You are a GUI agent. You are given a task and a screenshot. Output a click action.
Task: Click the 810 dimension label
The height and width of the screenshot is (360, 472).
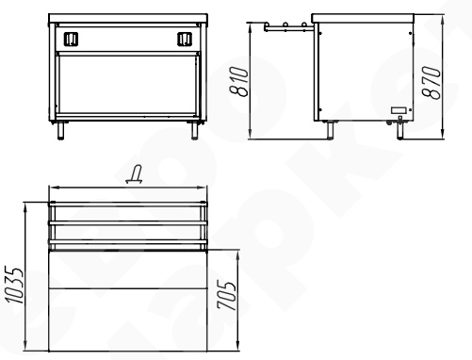239,81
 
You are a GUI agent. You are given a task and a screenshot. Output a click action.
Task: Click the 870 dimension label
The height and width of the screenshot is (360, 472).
431,82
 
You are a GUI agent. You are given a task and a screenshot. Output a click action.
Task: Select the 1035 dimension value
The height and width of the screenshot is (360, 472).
14,286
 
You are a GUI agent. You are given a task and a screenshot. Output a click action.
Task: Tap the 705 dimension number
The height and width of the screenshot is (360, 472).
226,295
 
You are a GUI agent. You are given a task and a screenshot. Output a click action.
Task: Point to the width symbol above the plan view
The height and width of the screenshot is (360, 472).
135,174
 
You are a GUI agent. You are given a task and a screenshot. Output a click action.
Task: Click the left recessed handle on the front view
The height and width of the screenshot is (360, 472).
71,39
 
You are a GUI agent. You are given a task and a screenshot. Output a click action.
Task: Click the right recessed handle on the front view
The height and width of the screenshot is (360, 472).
185,39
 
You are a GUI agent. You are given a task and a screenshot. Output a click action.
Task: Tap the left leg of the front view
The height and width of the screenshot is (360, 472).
61,130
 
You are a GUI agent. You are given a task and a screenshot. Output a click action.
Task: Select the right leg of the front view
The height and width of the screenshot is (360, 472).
195,130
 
